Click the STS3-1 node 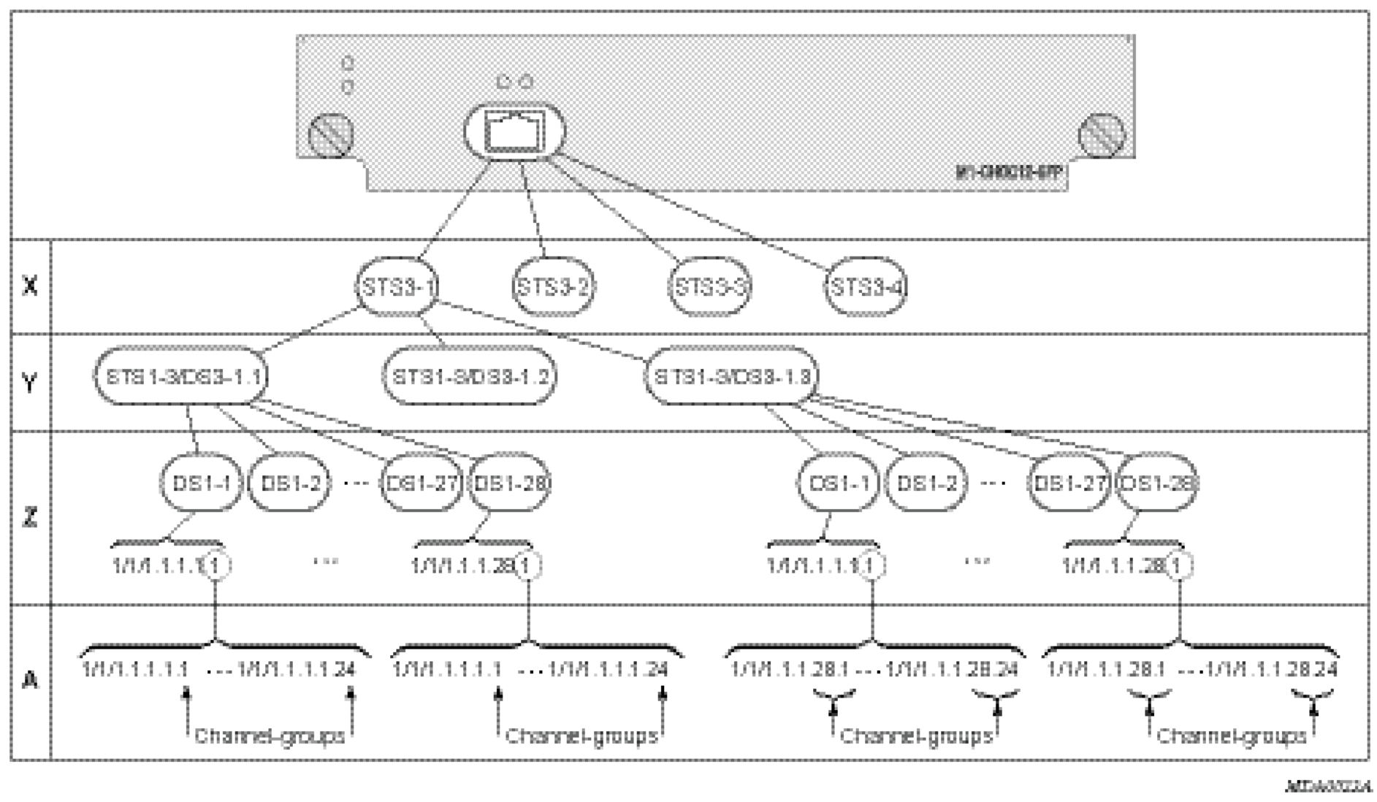point(397,286)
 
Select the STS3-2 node point(553,286)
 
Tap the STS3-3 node point(710,286)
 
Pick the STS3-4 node point(866,286)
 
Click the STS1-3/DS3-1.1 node point(180,377)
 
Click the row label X point(30,286)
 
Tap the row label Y point(30,382)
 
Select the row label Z point(30,517)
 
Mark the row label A point(30,681)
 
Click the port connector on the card point(515,132)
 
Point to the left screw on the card point(331,135)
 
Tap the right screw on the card point(1102,135)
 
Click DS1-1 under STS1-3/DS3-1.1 point(200,482)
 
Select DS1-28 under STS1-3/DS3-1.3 point(1158,482)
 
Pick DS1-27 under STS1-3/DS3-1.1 point(421,482)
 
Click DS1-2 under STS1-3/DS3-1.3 point(925,482)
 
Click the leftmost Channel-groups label point(270,736)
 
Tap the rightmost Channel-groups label point(1232,736)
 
